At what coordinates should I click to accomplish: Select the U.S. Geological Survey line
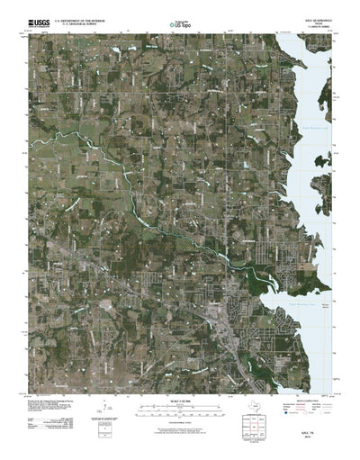79,22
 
